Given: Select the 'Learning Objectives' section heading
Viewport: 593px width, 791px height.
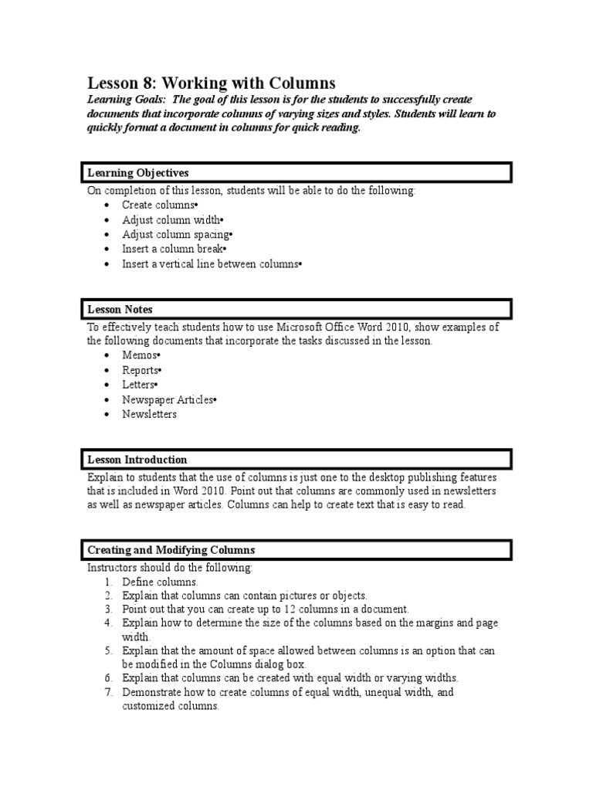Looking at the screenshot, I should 137,172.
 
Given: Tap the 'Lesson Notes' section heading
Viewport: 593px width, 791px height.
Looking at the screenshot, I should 120,310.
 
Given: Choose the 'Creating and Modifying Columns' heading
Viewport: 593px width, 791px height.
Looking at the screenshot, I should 171,550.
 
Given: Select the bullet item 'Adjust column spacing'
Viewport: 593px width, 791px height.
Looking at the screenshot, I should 177,234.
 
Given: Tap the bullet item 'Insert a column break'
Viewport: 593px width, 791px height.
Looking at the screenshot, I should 174,249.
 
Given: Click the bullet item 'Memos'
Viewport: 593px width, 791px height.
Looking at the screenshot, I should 140,355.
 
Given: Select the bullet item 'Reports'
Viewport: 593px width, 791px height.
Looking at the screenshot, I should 141,369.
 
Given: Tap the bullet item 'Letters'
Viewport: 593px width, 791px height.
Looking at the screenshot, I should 140,384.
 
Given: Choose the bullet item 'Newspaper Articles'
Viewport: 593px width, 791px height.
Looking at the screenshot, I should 169,399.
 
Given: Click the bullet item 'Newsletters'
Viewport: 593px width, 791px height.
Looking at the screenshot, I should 149,414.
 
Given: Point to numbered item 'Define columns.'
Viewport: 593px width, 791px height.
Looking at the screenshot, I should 160,582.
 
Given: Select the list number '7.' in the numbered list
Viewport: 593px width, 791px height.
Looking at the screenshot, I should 108,692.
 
